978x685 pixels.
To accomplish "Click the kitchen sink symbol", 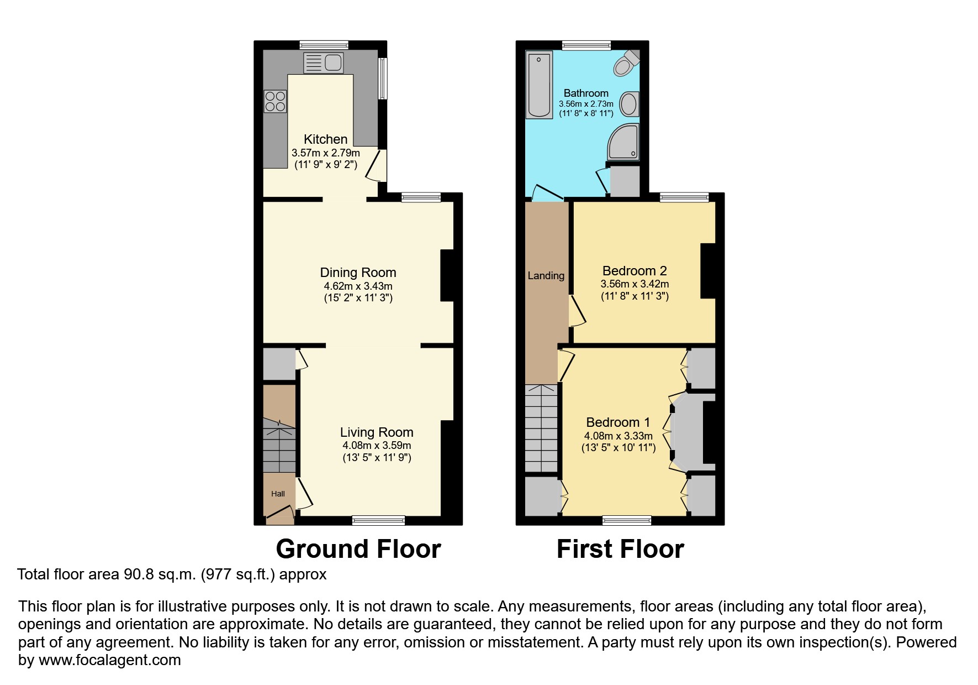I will pos(324,63).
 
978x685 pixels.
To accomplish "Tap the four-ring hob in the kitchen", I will pos(275,101).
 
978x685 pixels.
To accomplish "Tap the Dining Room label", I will pos(358,273).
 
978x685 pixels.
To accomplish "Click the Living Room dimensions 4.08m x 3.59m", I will pos(376,446).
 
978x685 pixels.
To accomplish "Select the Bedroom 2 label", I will pos(634,271).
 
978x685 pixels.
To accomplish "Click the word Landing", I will pos(546,275).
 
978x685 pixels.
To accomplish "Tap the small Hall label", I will pos(278,494).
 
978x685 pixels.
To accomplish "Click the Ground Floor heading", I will pos(358,549).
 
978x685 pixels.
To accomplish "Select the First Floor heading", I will pos(620,549).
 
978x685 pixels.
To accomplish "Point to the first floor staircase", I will pos(541,428).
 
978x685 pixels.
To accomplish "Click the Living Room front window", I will pos(378,520).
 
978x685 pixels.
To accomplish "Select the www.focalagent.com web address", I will pos(109,660).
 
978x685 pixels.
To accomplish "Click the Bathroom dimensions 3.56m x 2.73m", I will pos(586,104).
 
